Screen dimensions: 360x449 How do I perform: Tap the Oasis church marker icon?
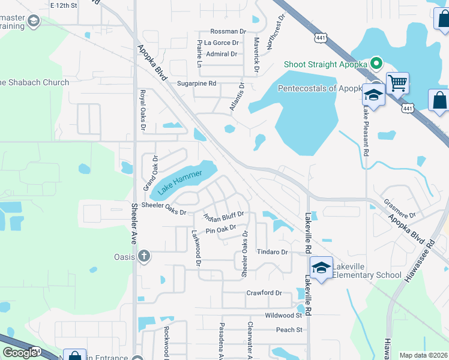coord(143,257)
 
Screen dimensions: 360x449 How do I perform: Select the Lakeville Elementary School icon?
coord(321,268)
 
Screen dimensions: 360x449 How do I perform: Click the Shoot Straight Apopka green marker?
coord(376,62)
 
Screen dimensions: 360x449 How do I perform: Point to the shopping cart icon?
coord(397,83)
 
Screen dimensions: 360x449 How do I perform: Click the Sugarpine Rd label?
coord(196,83)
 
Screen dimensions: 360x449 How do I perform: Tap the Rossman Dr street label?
coord(228,31)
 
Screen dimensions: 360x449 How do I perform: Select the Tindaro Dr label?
coord(273,252)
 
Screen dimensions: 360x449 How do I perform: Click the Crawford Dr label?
coord(264,293)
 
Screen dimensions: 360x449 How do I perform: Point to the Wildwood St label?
coord(283,315)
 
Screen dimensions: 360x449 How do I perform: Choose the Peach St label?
coord(289,329)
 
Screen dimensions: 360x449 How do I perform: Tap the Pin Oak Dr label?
coord(221,229)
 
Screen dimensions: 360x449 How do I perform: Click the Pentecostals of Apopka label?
coord(321,89)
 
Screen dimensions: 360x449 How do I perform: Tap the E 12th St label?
coord(64,5)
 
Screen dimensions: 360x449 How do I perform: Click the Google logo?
coord(20,352)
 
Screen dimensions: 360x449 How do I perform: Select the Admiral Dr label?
coord(221,54)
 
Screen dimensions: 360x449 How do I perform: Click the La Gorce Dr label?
coord(221,43)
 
